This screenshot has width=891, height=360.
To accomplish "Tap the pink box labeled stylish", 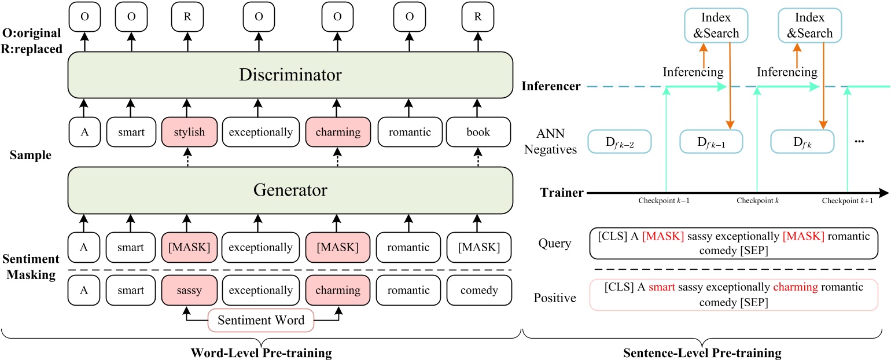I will [185, 132].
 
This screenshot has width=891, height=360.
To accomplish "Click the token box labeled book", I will [478, 132].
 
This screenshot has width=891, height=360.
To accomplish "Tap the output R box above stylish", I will [185, 16].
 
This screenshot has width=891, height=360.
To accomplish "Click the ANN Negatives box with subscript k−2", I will [619, 141].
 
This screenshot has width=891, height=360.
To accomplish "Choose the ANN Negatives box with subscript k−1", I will [710, 141].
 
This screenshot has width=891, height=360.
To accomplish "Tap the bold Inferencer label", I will [551, 87].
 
